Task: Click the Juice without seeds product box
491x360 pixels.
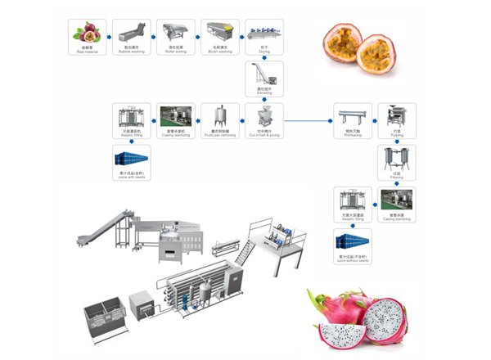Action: [352, 243]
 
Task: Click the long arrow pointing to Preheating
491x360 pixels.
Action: [307, 119]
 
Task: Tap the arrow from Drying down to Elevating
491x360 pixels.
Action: [264, 57]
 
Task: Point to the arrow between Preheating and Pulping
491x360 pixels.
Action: [374, 119]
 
